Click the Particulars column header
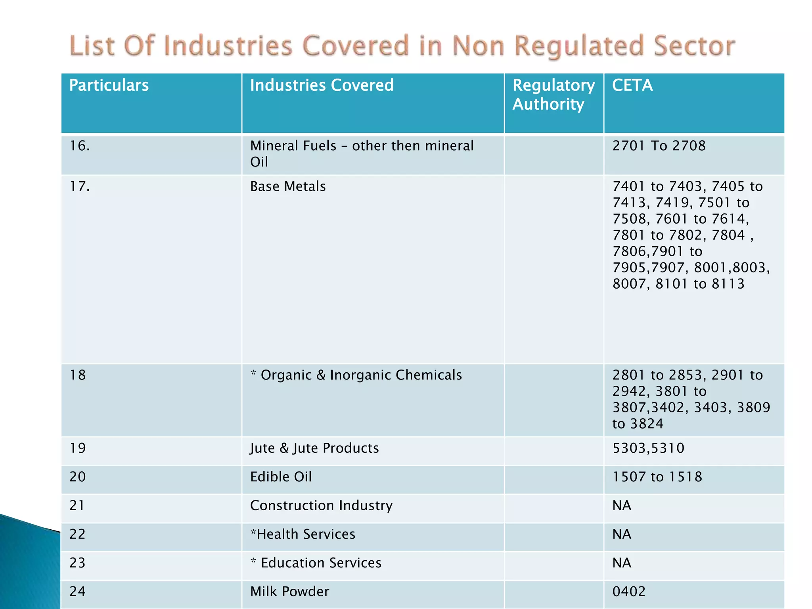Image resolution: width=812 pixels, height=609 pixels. point(109,85)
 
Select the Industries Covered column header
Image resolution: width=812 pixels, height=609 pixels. point(322,85)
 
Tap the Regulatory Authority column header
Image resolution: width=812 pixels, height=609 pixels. point(553,95)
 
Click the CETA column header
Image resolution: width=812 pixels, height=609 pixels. point(632,85)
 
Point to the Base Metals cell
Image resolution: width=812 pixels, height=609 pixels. point(288,186)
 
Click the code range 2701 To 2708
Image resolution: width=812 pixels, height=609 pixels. point(659,146)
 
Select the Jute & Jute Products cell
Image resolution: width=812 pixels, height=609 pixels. point(314,448)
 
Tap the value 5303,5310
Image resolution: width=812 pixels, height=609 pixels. point(648,448)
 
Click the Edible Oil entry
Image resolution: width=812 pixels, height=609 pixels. point(281,477)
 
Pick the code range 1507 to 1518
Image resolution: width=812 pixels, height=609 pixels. point(657,477)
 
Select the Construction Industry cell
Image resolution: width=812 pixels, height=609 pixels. point(321,506)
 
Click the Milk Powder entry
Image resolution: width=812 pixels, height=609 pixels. point(289,592)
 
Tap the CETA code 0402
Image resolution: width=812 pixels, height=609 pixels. point(629,592)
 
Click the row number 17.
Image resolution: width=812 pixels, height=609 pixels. point(80,186)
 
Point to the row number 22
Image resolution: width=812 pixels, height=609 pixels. point(77,534)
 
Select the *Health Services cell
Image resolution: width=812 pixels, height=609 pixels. point(303,534)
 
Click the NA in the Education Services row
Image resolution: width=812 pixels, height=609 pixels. point(622,563)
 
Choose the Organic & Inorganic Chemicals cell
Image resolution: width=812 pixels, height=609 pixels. point(356,375)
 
